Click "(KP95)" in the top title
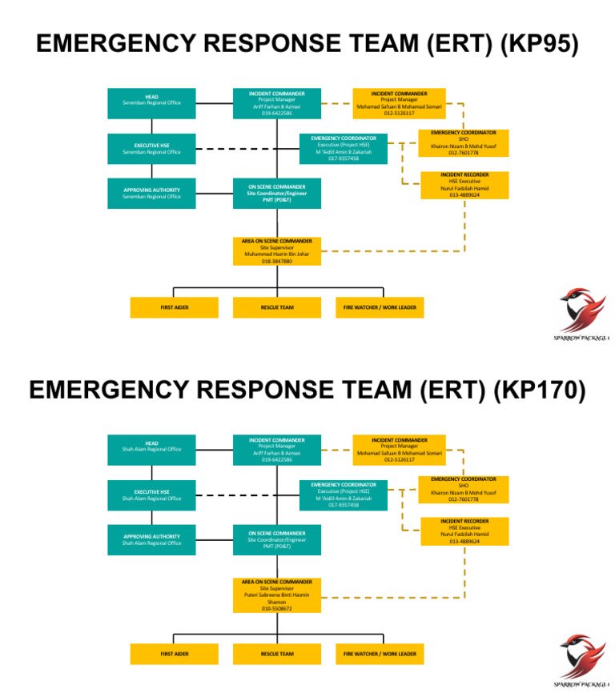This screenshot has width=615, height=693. pyautogui.click(x=538, y=44)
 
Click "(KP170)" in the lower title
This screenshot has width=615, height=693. pyautogui.click(x=539, y=390)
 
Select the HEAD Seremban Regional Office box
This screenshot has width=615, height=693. pyautogui.click(x=151, y=102)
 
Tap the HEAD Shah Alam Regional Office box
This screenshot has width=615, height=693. pyautogui.click(x=151, y=449)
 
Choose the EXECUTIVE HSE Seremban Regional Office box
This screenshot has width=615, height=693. pyautogui.click(x=151, y=149)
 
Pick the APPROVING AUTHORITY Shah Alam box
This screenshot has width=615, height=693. pyautogui.click(x=151, y=539)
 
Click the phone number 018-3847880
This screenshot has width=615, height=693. pyautogui.click(x=276, y=261)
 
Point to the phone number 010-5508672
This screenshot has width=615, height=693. pyautogui.click(x=276, y=608)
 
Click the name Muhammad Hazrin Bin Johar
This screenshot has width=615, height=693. pyautogui.click(x=276, y=254)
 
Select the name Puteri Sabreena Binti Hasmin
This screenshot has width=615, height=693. pyautogui.click(x=276, y=595)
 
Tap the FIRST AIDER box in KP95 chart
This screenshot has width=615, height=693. pyautogui.click(x=175, y=307)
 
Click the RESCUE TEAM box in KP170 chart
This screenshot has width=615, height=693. pyautogui.click(x=276, y=654)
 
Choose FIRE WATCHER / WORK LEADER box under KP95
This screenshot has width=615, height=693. pyautogui.click(x=380, y=307)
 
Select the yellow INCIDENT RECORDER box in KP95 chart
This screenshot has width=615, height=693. pyautogui.click(x=464, y=185)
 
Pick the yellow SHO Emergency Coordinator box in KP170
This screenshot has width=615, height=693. pyautogui.click(x=463, y=489)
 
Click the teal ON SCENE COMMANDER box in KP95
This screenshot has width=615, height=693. pyautogui.click(x=276, y=193)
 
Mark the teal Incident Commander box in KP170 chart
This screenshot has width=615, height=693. pyautogui.click(x=276, y=450)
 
